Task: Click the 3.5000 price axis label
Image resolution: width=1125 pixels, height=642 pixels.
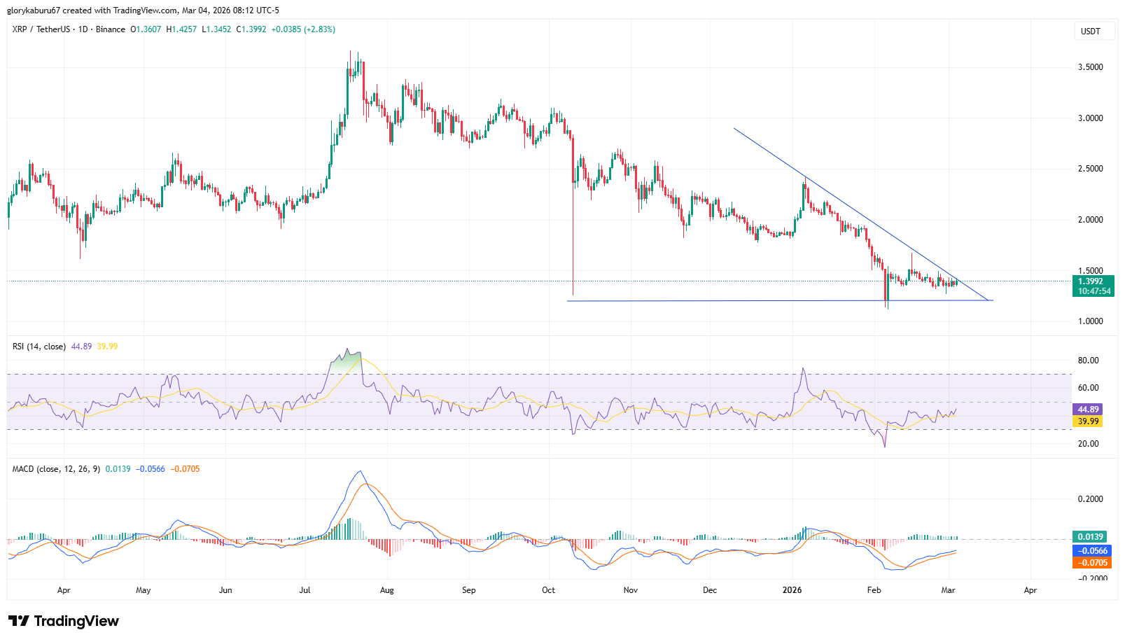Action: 1090,67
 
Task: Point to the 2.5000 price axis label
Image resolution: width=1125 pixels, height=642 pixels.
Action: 1090,169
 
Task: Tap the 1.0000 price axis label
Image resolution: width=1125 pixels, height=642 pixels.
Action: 1090,321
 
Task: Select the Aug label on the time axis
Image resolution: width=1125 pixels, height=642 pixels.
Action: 386,590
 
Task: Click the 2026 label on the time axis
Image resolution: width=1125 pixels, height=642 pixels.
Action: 792,590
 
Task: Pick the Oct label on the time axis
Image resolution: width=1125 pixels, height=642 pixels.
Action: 548,590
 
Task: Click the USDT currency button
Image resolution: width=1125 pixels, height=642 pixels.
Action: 1091,32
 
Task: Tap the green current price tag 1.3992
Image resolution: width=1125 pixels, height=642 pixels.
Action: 1091,281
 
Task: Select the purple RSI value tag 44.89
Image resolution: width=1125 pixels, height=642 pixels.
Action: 1089,410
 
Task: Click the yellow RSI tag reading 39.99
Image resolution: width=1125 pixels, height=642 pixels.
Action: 1089,421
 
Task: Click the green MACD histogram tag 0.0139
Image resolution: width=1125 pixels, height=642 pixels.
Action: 1090,537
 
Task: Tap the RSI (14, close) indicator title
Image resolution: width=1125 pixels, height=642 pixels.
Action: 39,347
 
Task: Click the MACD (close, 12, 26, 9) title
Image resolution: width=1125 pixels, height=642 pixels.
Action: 56,469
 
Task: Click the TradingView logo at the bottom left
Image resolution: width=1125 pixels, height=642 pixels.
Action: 64,621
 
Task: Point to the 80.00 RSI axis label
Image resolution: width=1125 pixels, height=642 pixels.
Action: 1088,361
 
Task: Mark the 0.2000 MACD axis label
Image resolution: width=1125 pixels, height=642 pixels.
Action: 1090,499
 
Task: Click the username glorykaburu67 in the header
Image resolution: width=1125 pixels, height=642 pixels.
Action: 34,11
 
